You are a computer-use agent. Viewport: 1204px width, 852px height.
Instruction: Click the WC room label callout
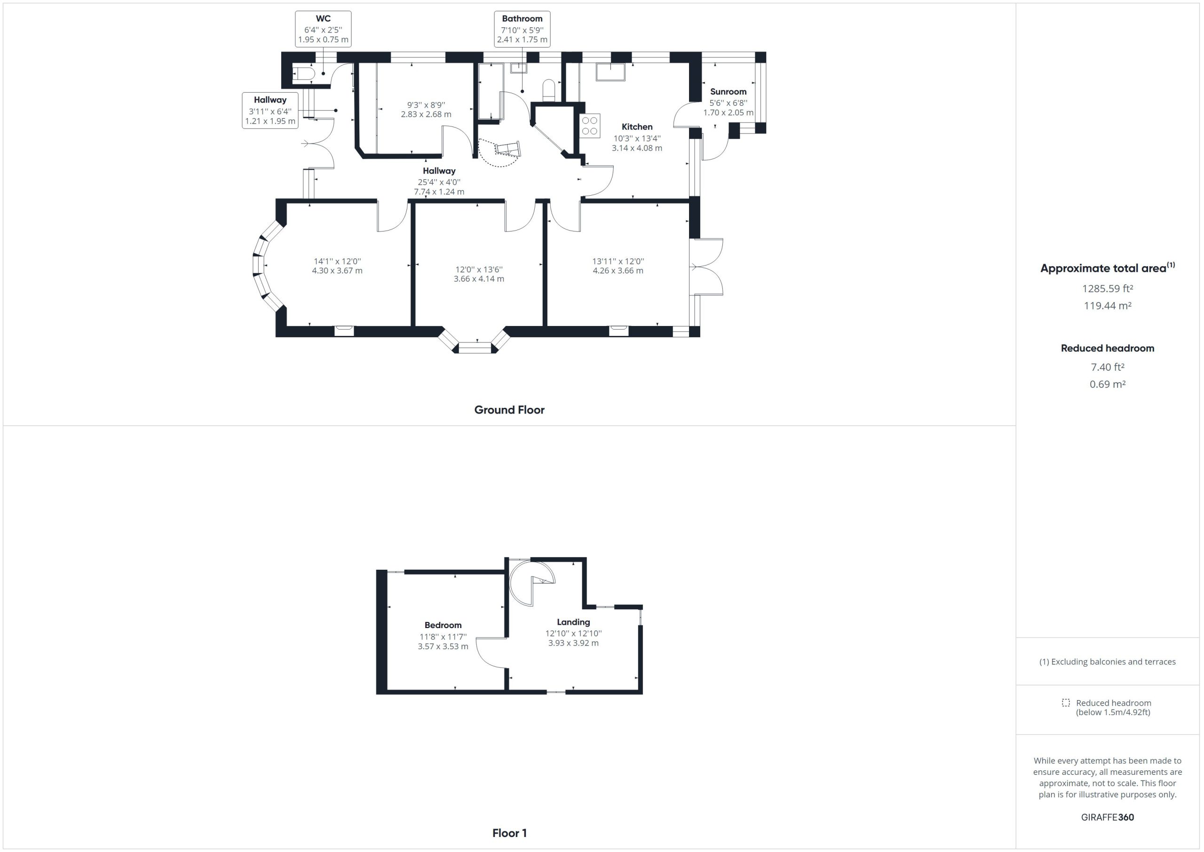(323, 29)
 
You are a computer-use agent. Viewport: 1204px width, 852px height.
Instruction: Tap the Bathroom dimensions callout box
(522, 29)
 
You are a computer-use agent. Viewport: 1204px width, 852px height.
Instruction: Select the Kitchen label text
(637, 127)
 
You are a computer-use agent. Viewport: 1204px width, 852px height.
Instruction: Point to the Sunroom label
(728, 91)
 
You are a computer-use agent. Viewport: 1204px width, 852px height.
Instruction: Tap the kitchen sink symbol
(610, 72)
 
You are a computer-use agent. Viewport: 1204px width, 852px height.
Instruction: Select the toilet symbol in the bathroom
(548, 89)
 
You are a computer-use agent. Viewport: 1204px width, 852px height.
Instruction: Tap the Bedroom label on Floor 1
(443, 625)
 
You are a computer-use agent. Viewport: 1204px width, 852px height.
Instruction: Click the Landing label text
(573, 621)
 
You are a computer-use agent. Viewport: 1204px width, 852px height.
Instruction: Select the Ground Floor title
(509, 410)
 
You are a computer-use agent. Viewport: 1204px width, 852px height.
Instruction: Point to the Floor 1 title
(509, 833)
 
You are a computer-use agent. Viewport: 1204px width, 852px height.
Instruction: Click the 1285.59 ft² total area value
(1108, 288)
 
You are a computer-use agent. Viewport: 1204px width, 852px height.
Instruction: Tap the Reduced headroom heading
(1108, 348)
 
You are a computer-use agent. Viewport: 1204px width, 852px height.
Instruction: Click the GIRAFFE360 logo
(1108, 817)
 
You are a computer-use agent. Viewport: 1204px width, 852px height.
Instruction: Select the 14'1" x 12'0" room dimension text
(337, 261)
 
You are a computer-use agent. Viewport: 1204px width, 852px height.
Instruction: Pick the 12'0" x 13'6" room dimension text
(479, 269)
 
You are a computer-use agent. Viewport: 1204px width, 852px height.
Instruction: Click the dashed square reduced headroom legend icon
(1066, 702)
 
